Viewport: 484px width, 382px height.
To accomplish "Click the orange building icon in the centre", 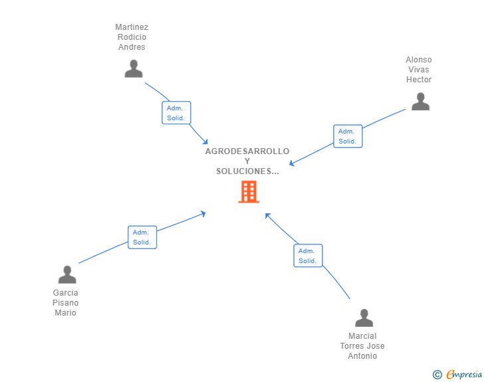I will (x=249, y=192).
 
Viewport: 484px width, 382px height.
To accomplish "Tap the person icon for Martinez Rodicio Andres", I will (x=134, y=69).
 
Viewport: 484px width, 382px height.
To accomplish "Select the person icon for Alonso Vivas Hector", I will (x=420, y=102).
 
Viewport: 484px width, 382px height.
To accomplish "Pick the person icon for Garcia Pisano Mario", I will (x=67, y=274).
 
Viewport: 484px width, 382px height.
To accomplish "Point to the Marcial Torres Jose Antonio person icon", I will (x=364, y=318).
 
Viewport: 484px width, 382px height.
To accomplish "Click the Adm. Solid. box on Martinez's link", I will (x=176, y=113).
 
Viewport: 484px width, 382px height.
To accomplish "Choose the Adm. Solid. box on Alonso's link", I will (x=348, y=136).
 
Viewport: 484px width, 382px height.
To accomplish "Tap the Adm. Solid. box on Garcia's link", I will (x=142, y=237).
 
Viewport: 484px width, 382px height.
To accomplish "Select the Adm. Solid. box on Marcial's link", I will (x=308, y=256).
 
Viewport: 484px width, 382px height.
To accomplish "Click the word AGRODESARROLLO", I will (x=247, y=151).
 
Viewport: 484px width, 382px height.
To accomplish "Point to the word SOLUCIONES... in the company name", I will (x=247, y=171).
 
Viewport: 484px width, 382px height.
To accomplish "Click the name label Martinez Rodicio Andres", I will (x=132, y=37).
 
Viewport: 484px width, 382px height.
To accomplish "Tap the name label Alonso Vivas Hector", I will (x=419, y=70).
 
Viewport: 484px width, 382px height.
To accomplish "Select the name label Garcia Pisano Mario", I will (x=66, y=303).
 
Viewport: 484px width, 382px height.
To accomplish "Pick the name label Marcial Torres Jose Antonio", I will (x=362, y=346).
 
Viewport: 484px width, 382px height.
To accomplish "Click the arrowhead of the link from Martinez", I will (x=205, y=141).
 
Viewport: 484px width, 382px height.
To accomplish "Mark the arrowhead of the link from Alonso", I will (x=292, y=163).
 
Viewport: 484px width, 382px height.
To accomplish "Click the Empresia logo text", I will (x=464, y=375).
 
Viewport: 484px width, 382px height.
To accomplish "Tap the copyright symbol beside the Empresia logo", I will (x=437, y=375).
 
